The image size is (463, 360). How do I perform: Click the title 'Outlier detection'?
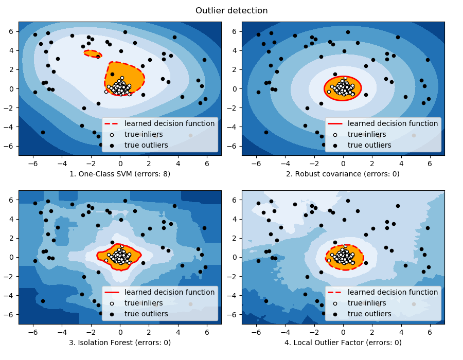(232, 10)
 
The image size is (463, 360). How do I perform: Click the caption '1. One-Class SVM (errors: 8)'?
(120, 173)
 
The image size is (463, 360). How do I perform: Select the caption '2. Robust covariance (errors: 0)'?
(343, 173)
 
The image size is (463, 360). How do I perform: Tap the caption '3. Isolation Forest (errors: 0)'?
(120, 342)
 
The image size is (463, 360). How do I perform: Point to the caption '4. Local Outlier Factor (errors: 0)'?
(343, 342)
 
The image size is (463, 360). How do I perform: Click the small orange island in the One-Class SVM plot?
(93, 53)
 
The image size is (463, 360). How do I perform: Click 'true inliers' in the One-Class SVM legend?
(144, 134)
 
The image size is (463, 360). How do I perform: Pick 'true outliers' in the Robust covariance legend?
(369, 145)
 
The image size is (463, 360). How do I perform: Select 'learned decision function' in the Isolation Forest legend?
(169, 292)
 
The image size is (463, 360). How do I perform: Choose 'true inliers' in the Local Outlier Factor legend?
(367, 303)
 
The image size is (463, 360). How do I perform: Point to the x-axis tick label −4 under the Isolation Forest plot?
(61, 331)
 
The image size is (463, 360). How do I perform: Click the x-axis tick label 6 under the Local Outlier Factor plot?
(430, 331)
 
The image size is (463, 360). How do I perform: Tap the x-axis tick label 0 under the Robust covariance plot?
(343, 163)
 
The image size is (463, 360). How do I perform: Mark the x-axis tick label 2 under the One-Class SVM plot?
(149, 163)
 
